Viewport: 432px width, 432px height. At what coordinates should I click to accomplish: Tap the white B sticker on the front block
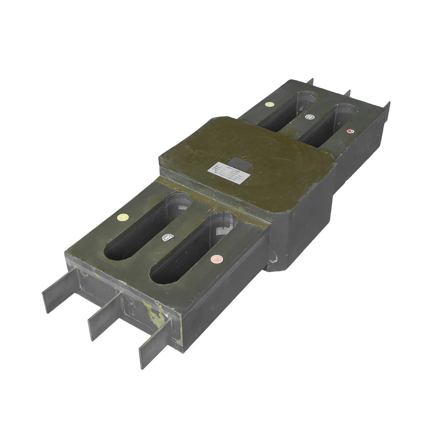click(x=168, y=237)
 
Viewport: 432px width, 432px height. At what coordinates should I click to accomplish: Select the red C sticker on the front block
click(x=216, y=259)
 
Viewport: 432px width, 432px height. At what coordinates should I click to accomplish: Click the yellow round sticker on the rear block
click(x=269, y=104)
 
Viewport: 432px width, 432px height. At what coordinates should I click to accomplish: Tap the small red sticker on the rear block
click(x=350, y=132)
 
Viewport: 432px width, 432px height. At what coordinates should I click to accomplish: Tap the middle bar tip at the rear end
click(x=348, y=93)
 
